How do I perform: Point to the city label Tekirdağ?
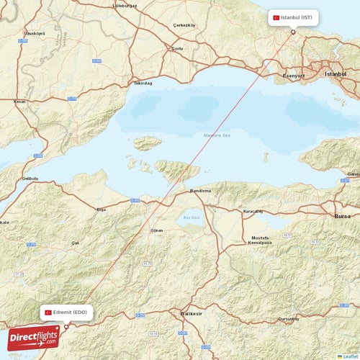(143, 83)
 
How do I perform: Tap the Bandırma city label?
(199, 191)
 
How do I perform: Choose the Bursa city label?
(343, 215)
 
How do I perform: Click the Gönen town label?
(155, 230)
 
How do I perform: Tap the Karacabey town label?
(253, 212)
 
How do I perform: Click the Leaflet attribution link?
(349, 356)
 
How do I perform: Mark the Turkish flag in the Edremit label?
(48, 312)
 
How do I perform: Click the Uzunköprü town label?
(35, 33)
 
